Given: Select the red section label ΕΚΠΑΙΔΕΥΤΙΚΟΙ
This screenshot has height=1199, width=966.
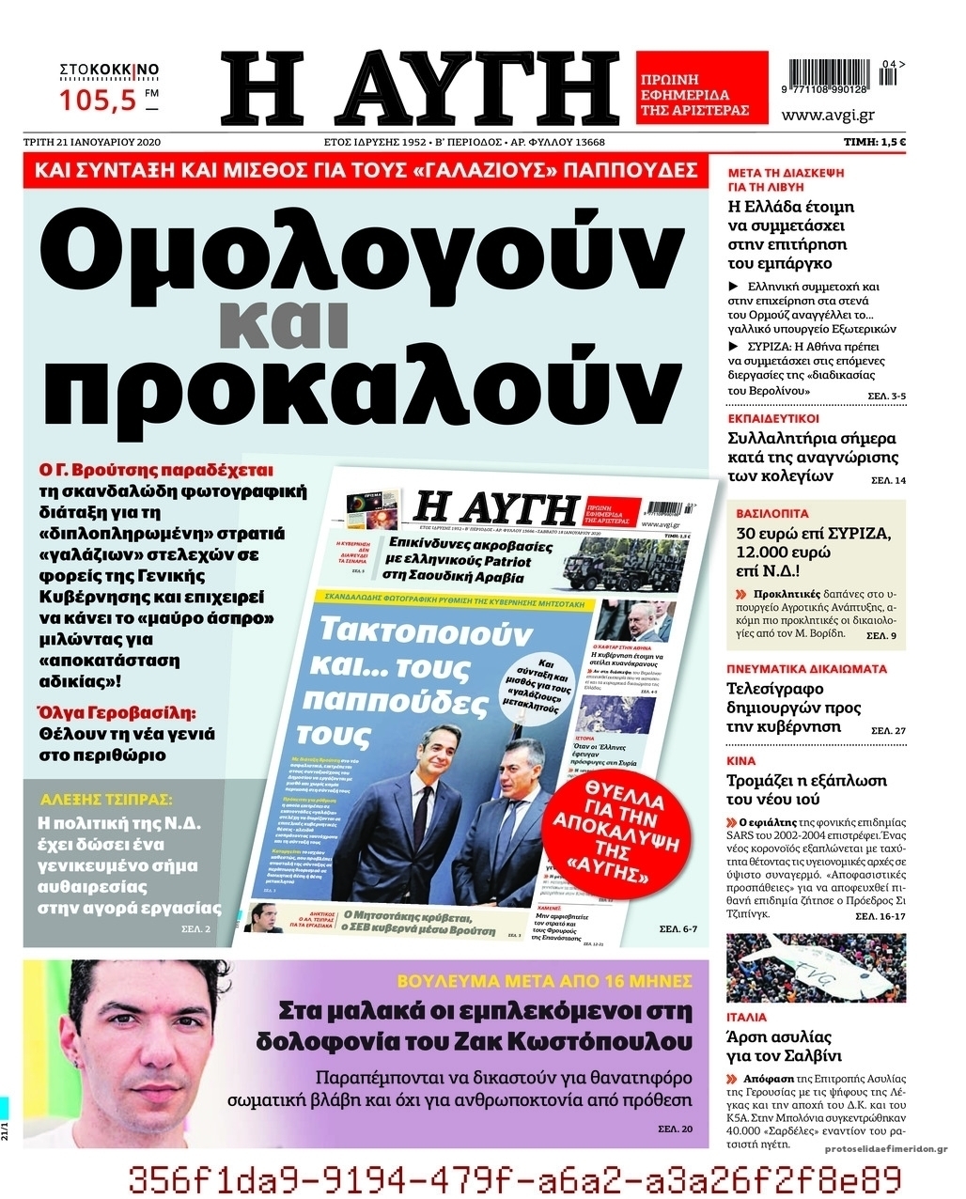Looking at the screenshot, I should [x=773, y=419].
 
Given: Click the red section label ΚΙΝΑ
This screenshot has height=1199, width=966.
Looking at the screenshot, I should [x=741, y=761].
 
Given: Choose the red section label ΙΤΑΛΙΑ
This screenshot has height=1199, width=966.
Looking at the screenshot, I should [x=746, y=1017].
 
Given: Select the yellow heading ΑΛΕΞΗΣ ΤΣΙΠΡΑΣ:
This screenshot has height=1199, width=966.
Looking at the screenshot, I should [x=106, y=800].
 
